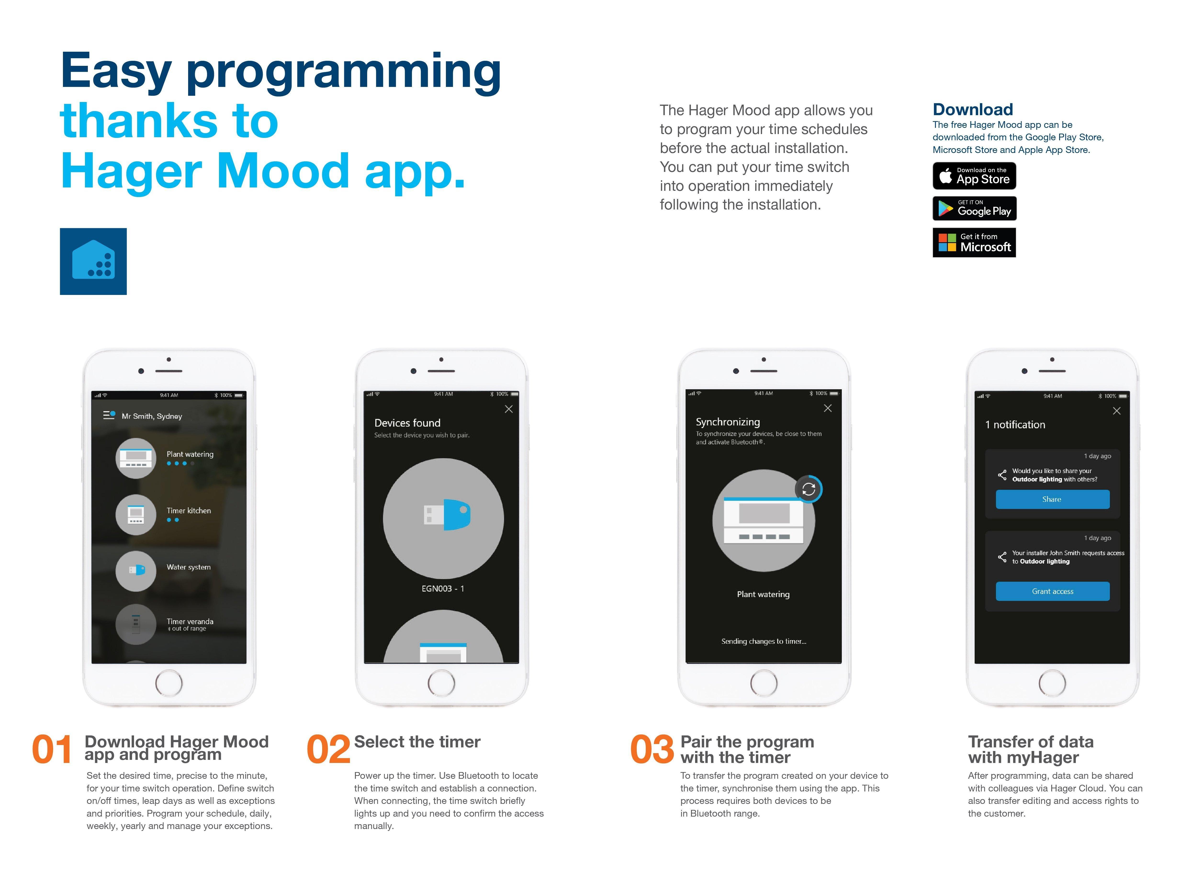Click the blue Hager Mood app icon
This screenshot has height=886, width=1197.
[93, 261]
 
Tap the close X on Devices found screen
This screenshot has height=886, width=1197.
[508, 409]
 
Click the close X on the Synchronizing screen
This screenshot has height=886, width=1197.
[827, 408]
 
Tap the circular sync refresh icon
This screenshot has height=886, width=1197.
[808, 489]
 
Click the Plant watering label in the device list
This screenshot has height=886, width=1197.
[190, 454]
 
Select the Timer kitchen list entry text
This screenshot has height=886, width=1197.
[189, 511]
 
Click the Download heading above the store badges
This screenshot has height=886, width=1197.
[973, 109]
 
